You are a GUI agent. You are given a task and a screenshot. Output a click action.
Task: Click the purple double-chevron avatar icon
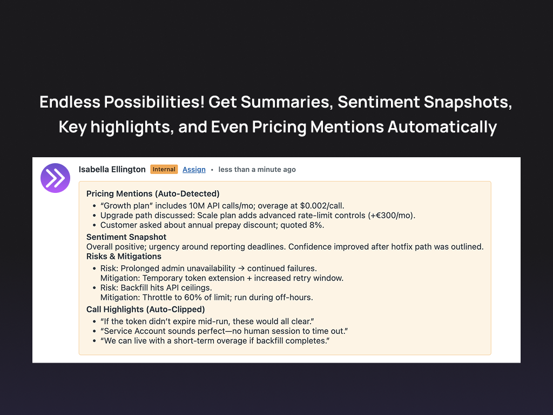[x=55, y=178]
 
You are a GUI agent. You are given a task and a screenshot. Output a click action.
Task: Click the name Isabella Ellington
[x=112, y=169]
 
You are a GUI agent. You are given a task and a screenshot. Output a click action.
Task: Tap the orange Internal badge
[x=164, y=169]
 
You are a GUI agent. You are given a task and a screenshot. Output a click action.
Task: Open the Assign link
[x=194, y=170]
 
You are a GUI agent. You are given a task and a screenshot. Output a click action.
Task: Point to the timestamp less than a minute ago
[x=257, y=170]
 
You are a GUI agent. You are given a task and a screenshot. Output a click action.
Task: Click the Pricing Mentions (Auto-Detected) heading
[x=153, y=193]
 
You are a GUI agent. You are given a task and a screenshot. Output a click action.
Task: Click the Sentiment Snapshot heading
[x=126, y=237]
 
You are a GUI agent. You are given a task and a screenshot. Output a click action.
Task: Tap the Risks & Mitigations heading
[x=124, y=256]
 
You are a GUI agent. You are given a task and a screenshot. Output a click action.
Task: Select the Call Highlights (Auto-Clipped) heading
[x=145, y=310]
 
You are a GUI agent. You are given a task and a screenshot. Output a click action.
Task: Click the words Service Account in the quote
[x=132, y=331]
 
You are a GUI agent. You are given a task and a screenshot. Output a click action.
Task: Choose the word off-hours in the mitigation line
[x=294, y=298]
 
